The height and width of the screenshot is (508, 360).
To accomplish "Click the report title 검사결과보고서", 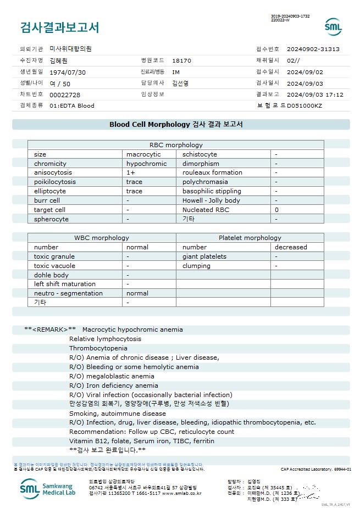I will (x=59, y=27).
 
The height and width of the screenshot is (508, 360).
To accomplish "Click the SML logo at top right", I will (x=333, y=27).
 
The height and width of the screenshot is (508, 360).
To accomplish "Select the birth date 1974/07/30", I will (x=68, y=72).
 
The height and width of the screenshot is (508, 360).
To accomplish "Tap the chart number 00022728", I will (x=65, y=94).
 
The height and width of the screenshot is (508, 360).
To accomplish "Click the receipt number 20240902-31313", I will (x=313, y=49).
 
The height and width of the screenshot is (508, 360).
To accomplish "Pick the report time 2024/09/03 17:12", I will (x=315, y=94).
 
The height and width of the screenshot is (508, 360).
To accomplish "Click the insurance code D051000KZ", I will (x=304, y=105).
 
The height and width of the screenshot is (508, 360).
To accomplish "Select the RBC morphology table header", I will (x=176, y=145).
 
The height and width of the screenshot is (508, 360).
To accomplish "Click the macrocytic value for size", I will (x=143, y=154).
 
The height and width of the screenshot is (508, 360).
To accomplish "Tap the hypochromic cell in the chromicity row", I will (x=146, y=164).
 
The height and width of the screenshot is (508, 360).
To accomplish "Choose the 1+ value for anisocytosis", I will (x=131, y=172).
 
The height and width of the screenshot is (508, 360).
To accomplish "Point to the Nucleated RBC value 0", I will (x=277, y=209).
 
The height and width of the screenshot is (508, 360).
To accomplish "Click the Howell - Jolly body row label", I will (x=211, y=200).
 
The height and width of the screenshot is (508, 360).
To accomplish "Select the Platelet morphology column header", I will (x=250, y=238).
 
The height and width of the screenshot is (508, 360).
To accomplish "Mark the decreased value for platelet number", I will (x=291, y=247).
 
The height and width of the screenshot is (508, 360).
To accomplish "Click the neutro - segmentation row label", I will (x=68, y=293).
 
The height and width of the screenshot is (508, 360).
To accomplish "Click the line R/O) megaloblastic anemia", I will (x=112, y=376).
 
